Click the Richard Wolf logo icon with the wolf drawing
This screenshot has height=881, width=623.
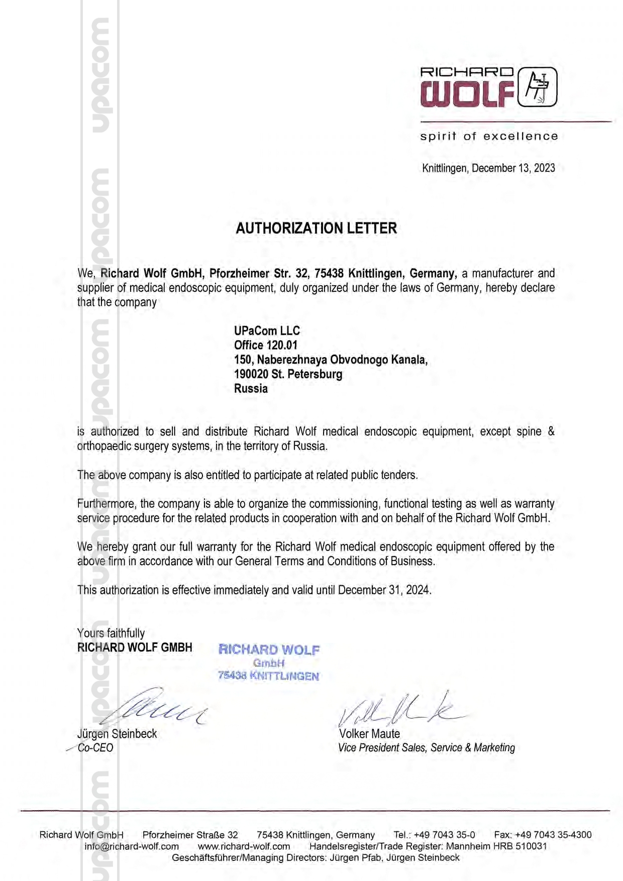(537, 87)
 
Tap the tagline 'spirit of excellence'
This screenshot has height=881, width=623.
(489, 136)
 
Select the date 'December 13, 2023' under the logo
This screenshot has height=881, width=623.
(513, 168)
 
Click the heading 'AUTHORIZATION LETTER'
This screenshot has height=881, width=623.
(316, 229)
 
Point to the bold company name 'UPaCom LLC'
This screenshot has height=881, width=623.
(267, 331)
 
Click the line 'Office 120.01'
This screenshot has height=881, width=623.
(265, 345)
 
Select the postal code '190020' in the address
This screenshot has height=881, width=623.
(251, 374)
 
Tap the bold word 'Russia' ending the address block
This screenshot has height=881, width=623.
(251, 389)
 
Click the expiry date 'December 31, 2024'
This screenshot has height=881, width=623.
(384, 590)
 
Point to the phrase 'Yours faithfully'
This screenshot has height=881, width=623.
(111, 633)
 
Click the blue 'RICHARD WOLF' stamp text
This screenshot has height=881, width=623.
(269, 650)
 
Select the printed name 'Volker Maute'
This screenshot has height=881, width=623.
(369, 734)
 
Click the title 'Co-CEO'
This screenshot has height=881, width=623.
(95, 748)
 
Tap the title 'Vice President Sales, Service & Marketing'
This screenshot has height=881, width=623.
(427, 748)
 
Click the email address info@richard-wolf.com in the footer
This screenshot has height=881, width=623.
(132, 846)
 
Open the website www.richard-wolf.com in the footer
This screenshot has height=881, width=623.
(244, 846)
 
